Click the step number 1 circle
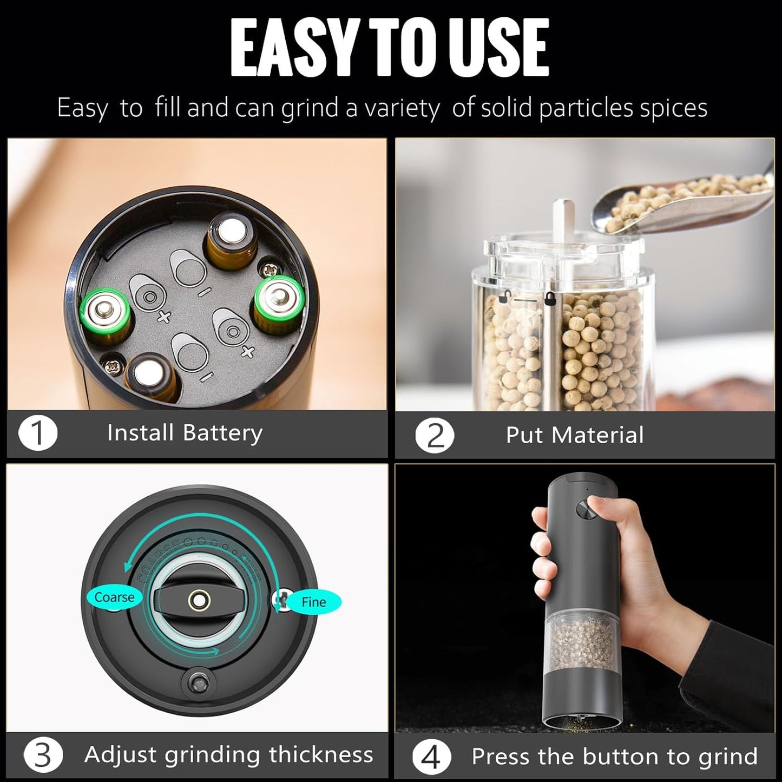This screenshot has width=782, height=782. click(38, 433)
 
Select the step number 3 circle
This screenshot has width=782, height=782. click(42, 755)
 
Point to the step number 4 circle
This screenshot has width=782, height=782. click(431, 758)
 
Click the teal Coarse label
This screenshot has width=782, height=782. click(114, 597)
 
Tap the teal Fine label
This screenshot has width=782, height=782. click(314, 602)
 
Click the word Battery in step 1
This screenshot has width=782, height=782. click(222, 433)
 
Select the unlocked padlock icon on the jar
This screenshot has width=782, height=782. click(505, 297)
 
